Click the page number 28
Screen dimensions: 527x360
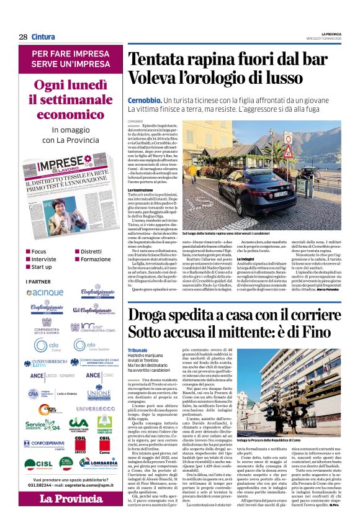[23, 37]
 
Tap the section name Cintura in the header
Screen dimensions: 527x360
[43, 37]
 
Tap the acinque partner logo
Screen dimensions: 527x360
[45, 292]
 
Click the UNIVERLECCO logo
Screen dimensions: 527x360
[91, 409]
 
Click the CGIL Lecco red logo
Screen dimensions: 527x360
[79, 446]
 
